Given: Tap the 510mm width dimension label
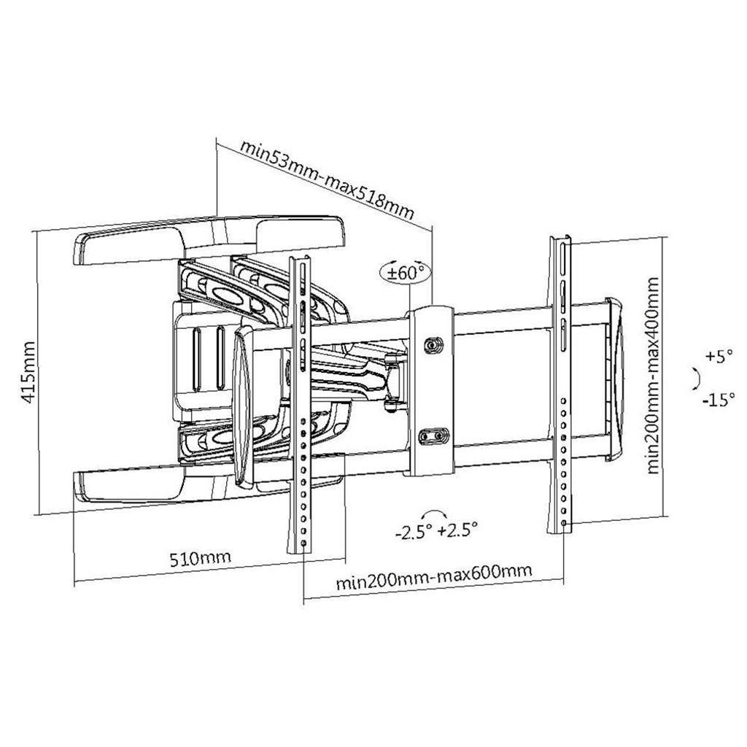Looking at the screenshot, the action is pos(201,558).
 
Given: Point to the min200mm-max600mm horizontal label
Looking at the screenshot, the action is pos(433,577).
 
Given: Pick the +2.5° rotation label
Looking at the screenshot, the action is pos(458,530).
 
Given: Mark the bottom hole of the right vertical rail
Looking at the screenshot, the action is pos(564,523).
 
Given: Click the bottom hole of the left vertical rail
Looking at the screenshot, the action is pos(304,543).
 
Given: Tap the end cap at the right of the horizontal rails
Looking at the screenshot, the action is pos(614,379).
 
